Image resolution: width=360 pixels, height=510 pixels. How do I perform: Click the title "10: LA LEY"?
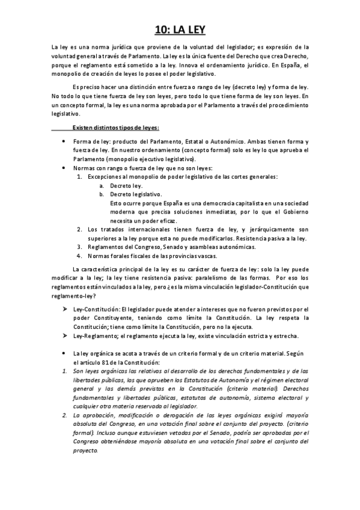coord(180,28)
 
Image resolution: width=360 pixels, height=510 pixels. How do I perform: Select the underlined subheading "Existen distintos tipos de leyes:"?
coord(115,127)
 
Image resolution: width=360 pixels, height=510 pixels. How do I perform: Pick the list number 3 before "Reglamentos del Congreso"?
coord(81,247)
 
